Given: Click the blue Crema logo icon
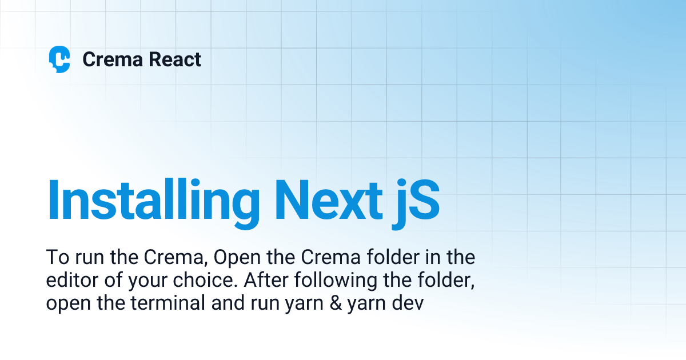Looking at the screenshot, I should pyautogui.click(x=59, y=59).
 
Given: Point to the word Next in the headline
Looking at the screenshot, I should pyautogui.click(x=327, y=201).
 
